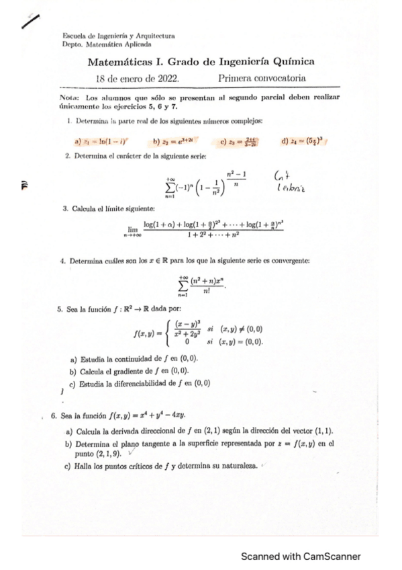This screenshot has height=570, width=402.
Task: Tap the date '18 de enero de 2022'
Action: click(x=138, y=79)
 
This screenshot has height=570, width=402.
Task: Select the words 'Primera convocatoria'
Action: click(x=262, y=79)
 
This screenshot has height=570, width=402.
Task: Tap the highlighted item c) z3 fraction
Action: click(x=239, y=142)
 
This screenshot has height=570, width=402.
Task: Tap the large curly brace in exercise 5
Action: click(x=177, y=334)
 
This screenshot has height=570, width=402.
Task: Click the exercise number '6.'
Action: click(x=54, y=416)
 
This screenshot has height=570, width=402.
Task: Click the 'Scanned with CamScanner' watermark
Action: click(x=301, y=556)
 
